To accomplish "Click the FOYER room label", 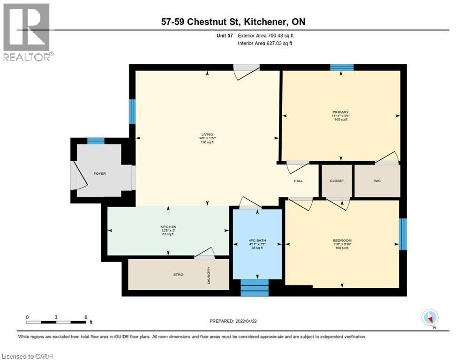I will (x=99, y=173).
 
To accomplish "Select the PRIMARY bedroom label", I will (x=340, y=112).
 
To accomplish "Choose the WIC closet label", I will (x=377, y=180).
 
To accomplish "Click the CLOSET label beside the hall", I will (x=337, y=180).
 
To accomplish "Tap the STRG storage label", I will (x=178, y=274).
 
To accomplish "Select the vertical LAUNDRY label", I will (x=209, y=275).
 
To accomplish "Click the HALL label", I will (x=298, y=180).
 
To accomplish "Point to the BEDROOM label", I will (x=342, y=240).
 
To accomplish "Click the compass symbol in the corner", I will (x=430, y=317).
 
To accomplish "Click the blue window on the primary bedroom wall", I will (x=341, y=67).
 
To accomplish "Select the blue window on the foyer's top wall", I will (x=96, y=141).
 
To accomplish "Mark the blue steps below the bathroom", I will (x=255, y=287).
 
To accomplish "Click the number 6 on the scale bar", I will (x=85, y=317).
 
